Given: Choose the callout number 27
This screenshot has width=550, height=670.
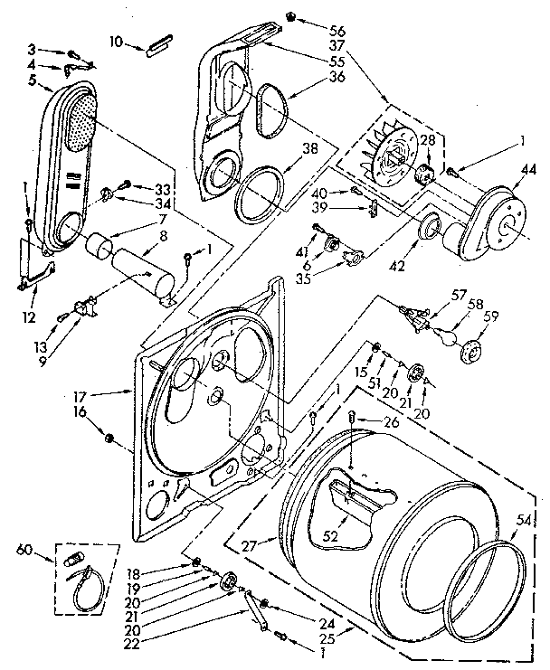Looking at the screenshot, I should pyautogui.click(x=249, y=545).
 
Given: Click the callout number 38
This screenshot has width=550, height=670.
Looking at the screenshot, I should pyautogui.click(x=310, y=151).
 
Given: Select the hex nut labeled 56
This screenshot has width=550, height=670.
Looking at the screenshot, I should pyautogui.click(x=291, y=16).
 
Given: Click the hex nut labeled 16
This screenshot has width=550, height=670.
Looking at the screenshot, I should pyautogui.click(x=110, y=439).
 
